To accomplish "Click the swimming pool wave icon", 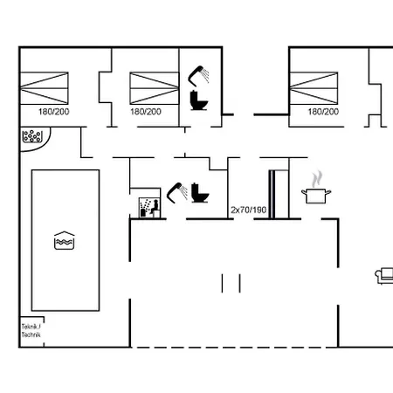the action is point(65,240).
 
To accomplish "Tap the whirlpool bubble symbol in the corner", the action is point(32,136).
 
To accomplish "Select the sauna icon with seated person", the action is point(149,208).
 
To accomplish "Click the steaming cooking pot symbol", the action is point(316,189).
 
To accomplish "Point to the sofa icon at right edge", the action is point(384,276).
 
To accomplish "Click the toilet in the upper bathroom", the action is point(199,100).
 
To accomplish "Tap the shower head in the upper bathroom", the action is point(198,76).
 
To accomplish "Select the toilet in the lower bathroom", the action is point(200,193).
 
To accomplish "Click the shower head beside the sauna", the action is point(177,192).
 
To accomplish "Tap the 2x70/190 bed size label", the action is point(249,210).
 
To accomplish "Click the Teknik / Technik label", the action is point(31,331).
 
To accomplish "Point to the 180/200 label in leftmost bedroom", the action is point(54,112).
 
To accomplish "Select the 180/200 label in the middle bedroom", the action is point(146,112).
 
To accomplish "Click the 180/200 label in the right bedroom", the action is point(323,112).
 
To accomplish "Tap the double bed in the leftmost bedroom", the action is point(44,88).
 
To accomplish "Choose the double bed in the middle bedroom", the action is point(155,88).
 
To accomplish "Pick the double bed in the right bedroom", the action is point(314,88).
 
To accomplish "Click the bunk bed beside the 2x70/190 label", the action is point(279,194).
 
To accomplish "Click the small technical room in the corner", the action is point(31,332).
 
